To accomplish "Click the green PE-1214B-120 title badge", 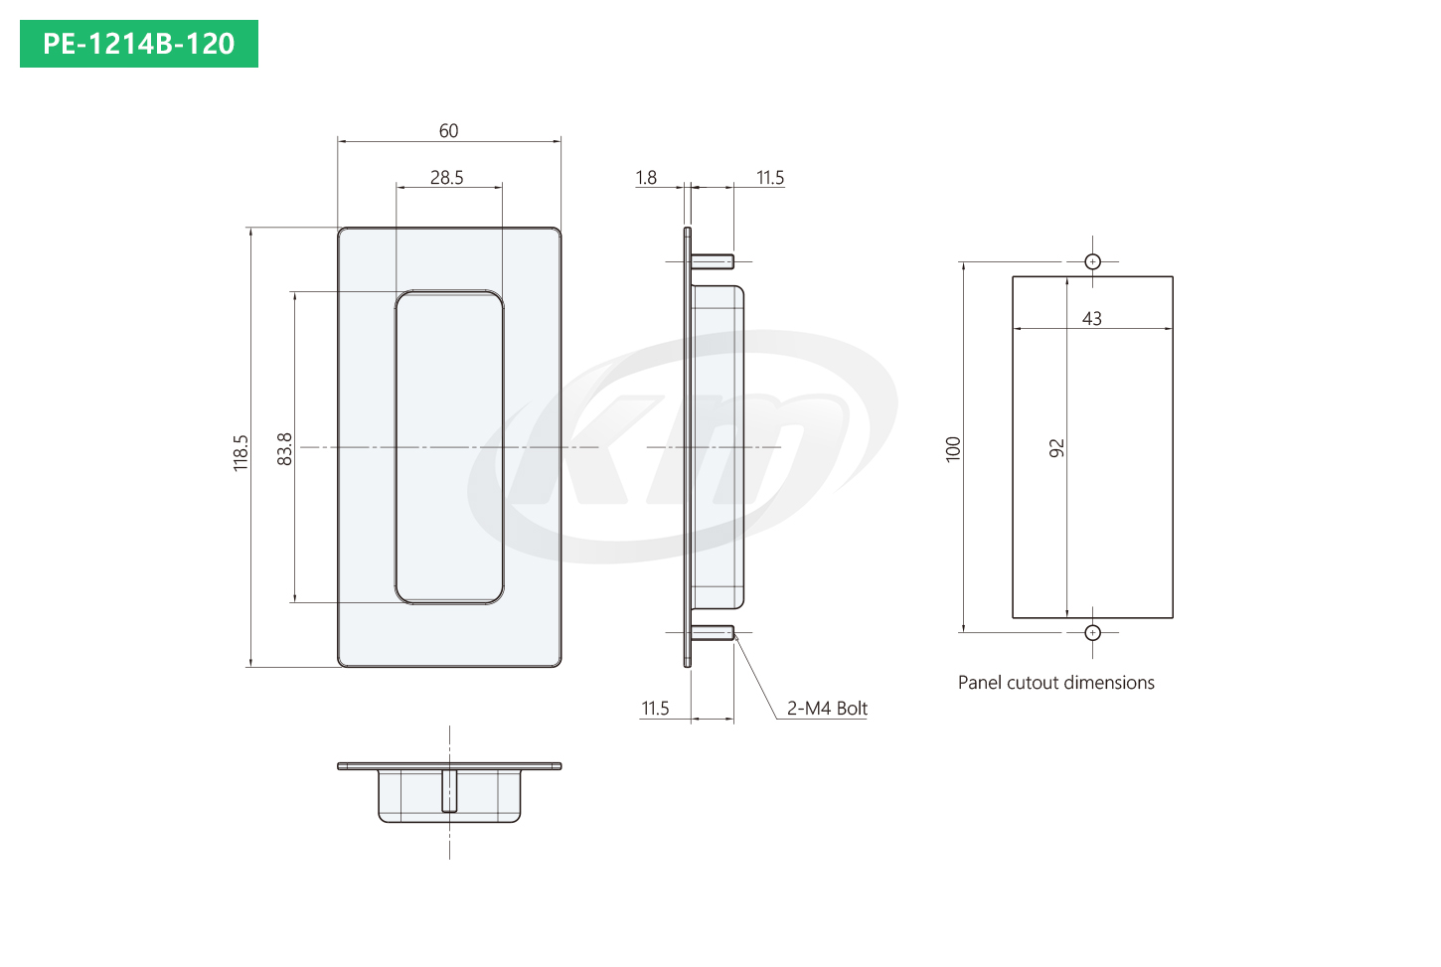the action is point(139,44).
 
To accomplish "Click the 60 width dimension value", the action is point(448,130).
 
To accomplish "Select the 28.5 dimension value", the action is point(446,178).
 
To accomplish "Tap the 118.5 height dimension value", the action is point(240,453).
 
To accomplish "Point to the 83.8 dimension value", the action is point(284,449).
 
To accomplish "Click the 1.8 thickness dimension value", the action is point(646,178).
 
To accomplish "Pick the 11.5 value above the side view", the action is point(770,178).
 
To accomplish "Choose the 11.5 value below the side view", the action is point(655,709).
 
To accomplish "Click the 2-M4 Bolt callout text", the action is point(827,709).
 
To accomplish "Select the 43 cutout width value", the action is point(1092,318).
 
